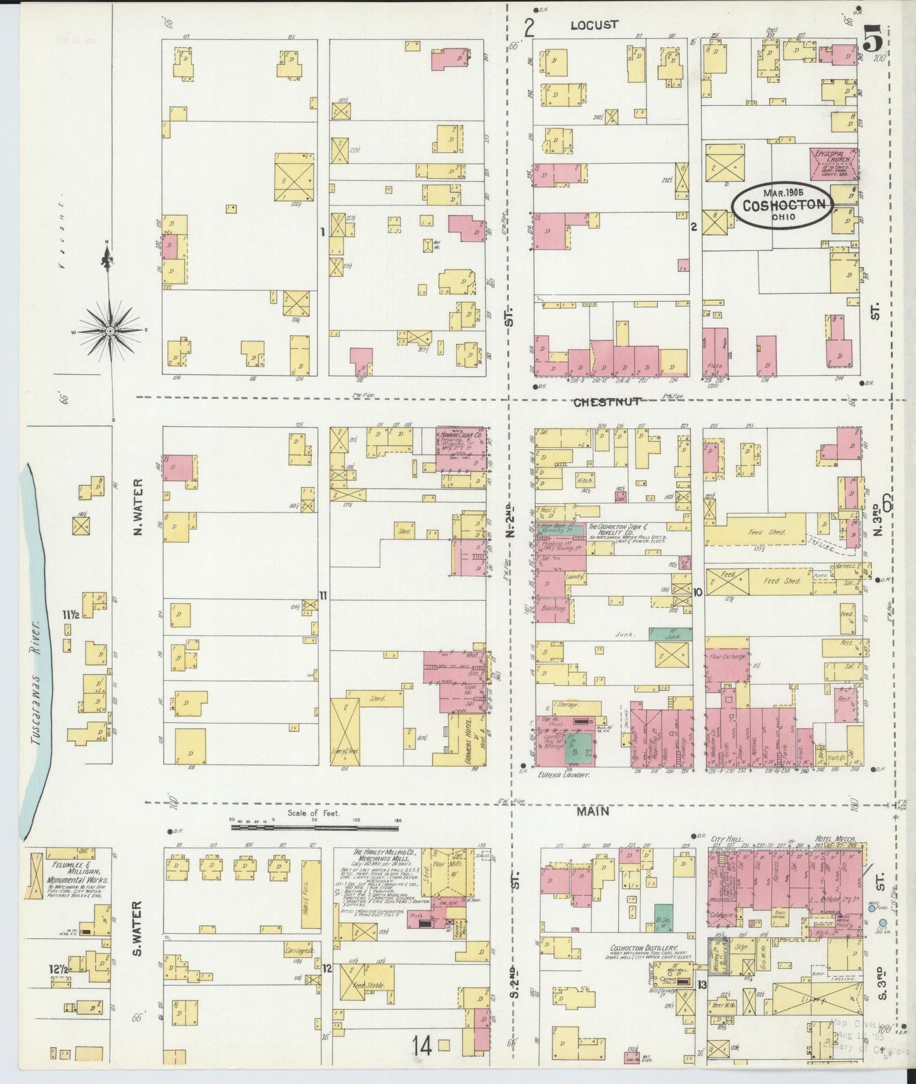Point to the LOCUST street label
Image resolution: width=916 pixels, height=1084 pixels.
pyautogui.click(x=593, y=25)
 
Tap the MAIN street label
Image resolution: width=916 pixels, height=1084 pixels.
pyautogui.click(x=593, y=811)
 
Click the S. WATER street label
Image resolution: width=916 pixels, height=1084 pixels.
pyautogui.click(x=139, y=929)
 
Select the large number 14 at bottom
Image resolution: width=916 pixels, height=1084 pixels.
pyautogui.click(x=423, y=1045)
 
